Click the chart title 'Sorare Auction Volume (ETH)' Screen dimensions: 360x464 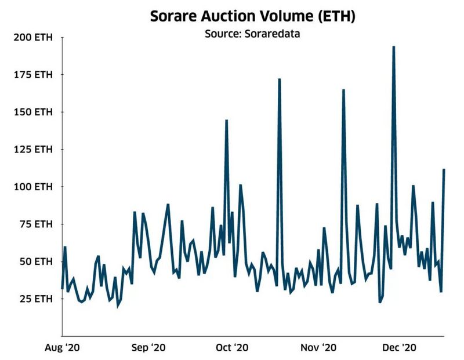[253, 16]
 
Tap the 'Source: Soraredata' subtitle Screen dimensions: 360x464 [253, 33]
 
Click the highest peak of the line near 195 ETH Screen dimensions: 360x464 [394, 47]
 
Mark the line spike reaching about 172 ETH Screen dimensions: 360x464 [280, 79]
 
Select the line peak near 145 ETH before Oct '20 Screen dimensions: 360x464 [226, 121]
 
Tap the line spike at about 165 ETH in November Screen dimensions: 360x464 [343, 90]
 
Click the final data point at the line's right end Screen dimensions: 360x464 [444, 170]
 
